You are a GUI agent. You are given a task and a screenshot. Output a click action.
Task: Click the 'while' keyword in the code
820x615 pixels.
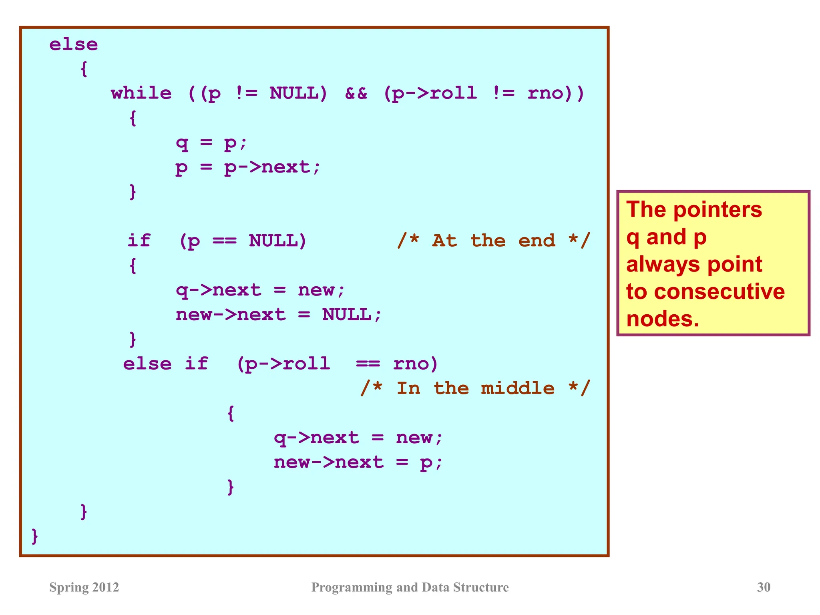click(141, 93)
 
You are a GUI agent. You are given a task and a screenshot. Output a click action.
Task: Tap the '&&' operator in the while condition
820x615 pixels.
click(356, 93)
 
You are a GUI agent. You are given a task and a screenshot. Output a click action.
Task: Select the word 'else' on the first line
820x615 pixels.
click(74, 44)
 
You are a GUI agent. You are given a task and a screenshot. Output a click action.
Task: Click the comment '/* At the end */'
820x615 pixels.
click(494, 241)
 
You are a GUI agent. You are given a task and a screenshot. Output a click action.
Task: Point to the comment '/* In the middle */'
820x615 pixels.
click(475, 388)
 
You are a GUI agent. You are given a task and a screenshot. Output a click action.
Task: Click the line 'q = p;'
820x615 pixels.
click(212, 143)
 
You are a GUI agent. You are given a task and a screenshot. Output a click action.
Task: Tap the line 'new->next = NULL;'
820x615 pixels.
click(279, 315)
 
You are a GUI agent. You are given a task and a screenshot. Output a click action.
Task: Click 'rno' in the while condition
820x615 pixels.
click(545, 93)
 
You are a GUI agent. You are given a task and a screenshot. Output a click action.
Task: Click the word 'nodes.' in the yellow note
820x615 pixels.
click(663, 319)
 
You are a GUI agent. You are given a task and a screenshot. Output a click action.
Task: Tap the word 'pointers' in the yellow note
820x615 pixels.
click(717, 209)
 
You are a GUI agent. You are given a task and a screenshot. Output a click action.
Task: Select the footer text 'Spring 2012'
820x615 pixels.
click(84, 587)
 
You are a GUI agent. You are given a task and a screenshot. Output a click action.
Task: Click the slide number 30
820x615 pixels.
click(764, 587)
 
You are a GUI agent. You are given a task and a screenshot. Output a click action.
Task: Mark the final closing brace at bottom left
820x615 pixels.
click(35, 536)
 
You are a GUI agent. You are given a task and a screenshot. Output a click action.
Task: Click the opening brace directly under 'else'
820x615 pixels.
click(84, 69)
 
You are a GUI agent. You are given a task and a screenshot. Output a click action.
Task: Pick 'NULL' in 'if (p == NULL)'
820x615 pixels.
click(273, 241)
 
